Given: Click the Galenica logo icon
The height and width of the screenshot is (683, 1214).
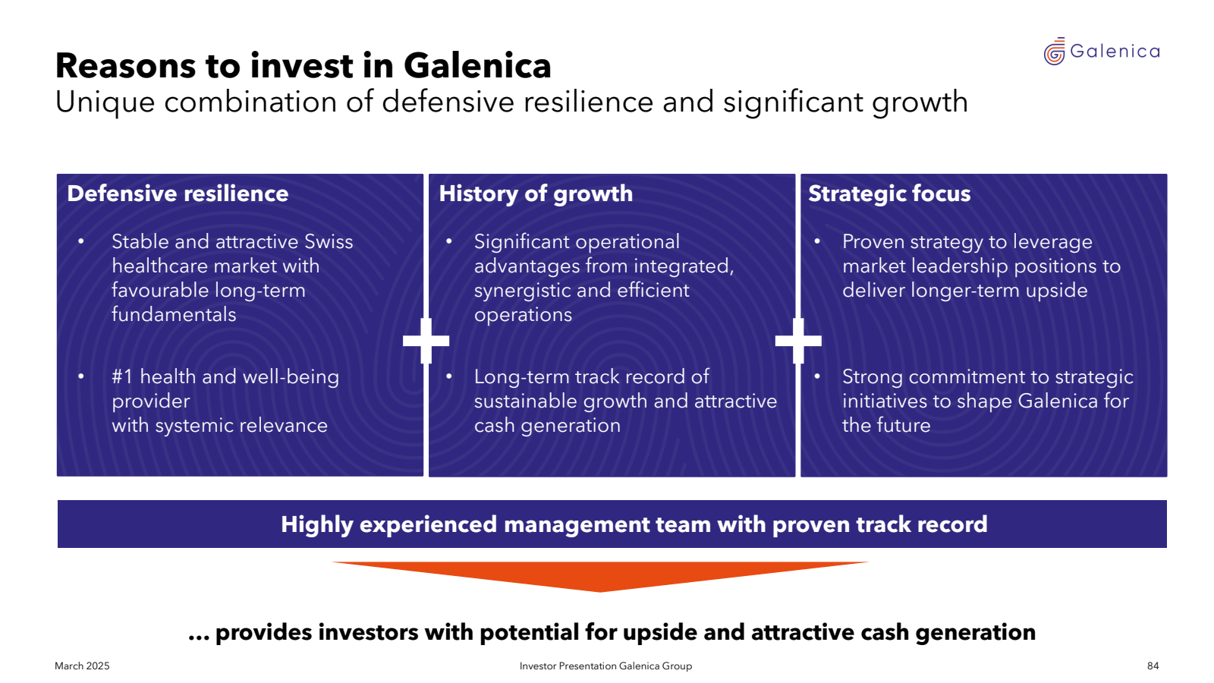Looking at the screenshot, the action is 1054,52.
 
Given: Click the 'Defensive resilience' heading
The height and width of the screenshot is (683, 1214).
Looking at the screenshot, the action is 178,194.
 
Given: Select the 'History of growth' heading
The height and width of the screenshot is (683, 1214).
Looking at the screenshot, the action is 536,194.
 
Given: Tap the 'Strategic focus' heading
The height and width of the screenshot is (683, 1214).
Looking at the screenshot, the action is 888,194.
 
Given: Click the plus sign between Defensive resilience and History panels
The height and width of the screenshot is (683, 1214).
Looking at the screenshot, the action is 426,341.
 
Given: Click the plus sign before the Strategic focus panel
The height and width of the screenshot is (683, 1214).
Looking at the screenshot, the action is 798,341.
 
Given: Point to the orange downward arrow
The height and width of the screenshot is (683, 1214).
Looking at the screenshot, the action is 600,577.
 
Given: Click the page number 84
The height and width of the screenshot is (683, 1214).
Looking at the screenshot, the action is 1153,666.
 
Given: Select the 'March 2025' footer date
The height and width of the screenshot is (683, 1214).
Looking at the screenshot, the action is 82,666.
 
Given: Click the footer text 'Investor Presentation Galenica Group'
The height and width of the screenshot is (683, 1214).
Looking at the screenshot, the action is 605,666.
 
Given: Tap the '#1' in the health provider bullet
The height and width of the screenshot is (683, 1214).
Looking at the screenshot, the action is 122,376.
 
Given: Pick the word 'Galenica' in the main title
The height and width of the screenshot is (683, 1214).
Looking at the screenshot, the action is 477,65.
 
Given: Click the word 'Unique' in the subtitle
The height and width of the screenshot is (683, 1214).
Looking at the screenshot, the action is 105,102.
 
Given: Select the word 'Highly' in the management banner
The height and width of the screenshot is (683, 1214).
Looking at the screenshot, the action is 316,524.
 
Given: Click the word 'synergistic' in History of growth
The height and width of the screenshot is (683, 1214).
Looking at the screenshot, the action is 522,291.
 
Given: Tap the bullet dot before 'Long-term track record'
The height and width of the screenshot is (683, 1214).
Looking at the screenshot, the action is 448,376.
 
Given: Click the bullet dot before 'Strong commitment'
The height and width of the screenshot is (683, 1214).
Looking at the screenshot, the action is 816,376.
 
